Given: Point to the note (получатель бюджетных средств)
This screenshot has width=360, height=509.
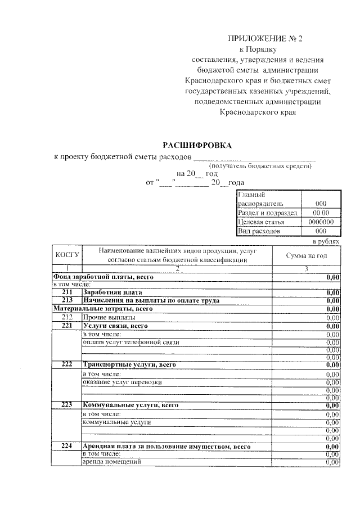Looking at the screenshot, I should tap(260, 166).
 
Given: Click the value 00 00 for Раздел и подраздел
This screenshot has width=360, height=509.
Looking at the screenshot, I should tap(321, 213).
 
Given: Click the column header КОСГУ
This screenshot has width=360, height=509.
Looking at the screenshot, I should tap(66, 255).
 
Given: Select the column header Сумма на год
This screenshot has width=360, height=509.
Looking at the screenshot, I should tap(307, 256).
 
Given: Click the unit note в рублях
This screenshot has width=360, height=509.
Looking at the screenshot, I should tap(327, 241).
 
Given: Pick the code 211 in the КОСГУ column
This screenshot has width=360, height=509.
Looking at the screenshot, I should tap(66, 292).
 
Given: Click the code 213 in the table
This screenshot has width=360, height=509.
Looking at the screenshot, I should tap(66, 300).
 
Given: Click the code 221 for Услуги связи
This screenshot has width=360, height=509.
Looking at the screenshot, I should tap(66, 326).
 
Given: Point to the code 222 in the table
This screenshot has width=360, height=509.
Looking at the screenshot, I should tap(66, 364).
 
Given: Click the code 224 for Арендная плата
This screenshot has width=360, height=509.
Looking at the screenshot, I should tap(66, 447).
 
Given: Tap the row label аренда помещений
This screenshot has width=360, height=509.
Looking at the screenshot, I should tap(111, 462).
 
